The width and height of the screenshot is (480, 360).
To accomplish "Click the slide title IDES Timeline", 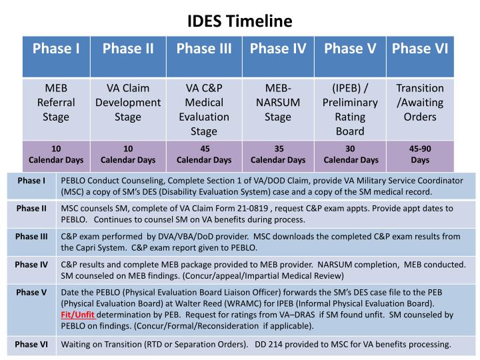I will tap(240, 21).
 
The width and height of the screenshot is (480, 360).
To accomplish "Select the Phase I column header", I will tap(57, 49).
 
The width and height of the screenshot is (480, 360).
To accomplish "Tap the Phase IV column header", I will tap(278, 49).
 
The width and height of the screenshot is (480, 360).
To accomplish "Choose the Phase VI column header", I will tap(420, 49).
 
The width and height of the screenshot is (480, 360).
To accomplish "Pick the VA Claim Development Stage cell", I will tap(128, 103).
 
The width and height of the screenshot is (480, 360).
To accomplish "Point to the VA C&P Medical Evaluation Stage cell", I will tap(204, 109).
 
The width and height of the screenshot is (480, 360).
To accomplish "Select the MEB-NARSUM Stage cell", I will tap(278, 103).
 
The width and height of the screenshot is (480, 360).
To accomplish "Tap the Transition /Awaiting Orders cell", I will tap(420, 103).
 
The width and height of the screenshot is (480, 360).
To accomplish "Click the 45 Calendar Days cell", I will tap(204, 154).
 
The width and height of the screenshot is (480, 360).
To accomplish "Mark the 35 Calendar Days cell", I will tap(278, 154).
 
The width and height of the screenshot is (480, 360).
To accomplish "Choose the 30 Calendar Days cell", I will tap(351, 154).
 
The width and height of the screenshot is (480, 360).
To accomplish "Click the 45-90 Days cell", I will tap(420, 154).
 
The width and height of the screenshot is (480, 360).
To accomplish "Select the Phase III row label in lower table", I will tap(31, 237).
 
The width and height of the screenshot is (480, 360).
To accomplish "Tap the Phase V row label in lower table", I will tap(31, 293).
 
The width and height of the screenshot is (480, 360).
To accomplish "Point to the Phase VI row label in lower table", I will tap(31, 344).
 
